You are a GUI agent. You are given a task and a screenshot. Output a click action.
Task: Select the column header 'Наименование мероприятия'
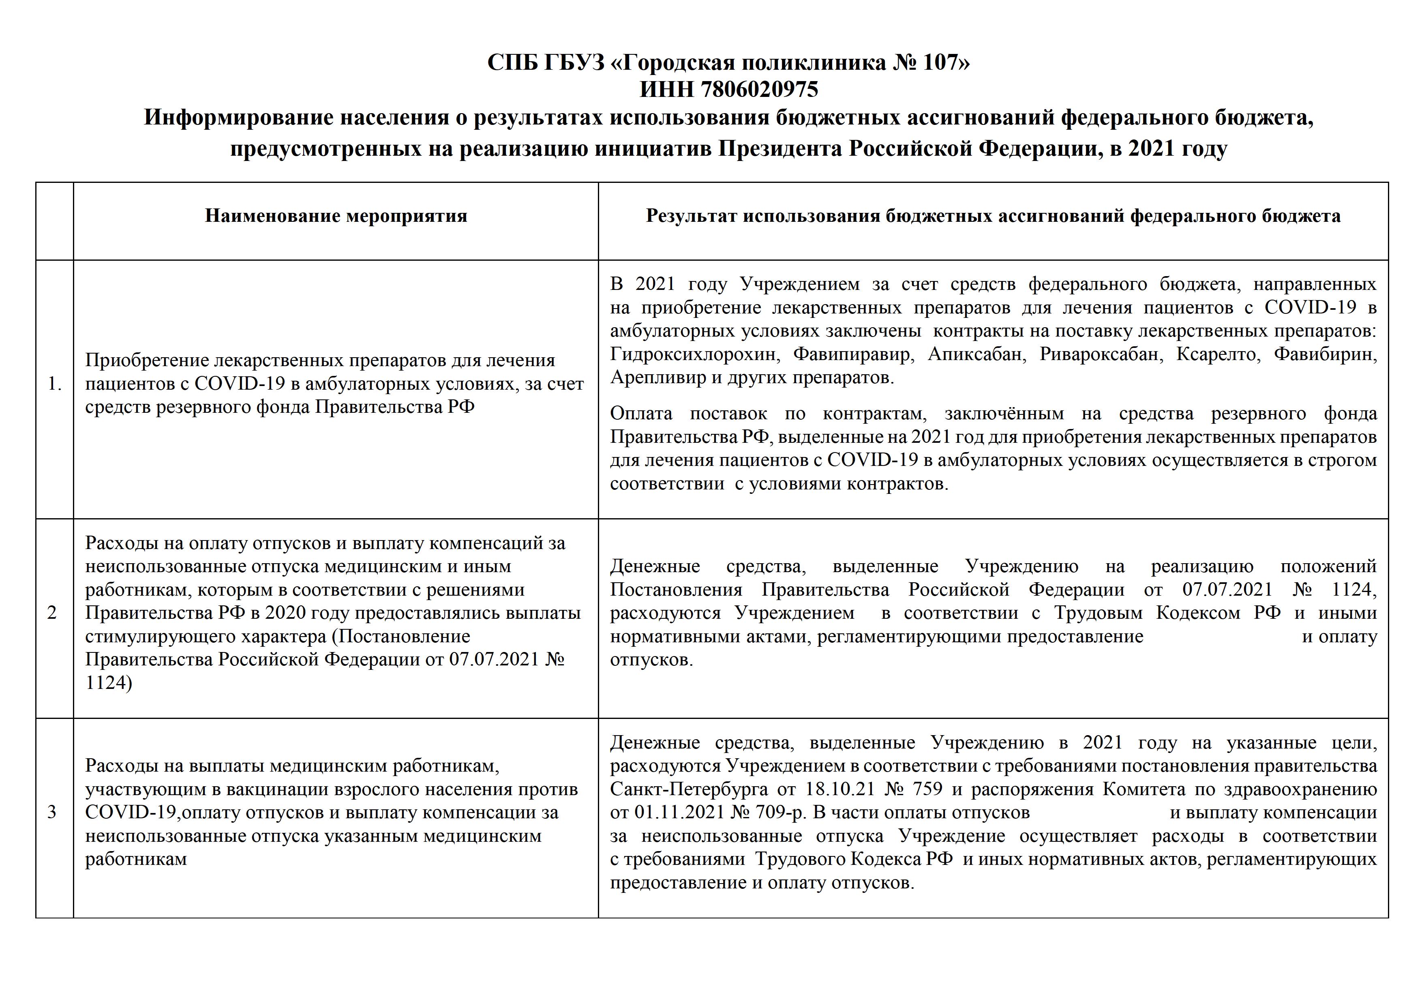(x=336, y=216)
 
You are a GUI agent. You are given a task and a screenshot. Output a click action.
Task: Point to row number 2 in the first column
(x=52, y=613)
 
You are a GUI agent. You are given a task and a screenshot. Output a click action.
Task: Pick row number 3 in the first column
(x=52, y=812)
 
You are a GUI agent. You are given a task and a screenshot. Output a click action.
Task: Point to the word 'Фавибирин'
(x=1326, y=354)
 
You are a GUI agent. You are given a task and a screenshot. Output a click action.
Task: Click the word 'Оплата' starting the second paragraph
(x=640, y=413)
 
